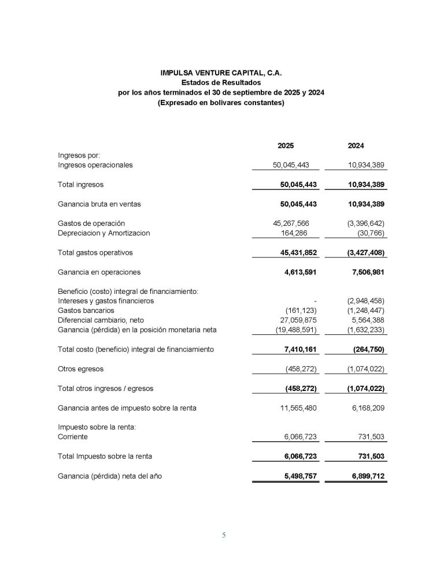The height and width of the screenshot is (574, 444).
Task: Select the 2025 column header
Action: coord(286,146)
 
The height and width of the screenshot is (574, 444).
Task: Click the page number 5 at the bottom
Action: coord(224,535)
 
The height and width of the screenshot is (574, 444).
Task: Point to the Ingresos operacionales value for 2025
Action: coord(291,165)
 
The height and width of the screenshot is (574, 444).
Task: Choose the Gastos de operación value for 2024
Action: coord(362,223)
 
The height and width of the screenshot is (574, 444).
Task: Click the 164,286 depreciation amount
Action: coord(299,233)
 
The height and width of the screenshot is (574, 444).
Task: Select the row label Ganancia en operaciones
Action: coord(99,272)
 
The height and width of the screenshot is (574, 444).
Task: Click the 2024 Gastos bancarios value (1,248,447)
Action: coord(362,310)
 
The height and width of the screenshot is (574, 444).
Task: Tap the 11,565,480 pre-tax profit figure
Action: coord(293,408)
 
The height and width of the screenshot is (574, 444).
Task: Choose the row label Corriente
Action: coord(73,437)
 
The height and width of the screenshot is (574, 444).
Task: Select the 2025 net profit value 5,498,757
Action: coord(295,476)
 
